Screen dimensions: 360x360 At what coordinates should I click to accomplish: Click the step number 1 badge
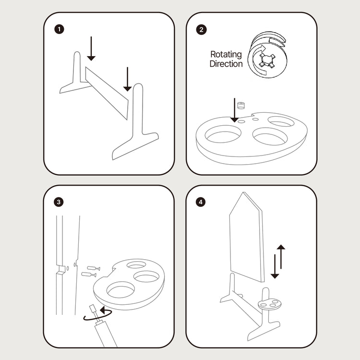click(59, 29)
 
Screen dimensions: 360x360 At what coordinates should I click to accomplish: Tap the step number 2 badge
click(201, 30)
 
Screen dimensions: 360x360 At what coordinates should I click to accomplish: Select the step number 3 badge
click(59, 202)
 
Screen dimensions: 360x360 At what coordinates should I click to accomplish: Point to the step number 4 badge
click(201, 202)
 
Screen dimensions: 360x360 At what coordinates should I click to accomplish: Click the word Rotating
click(226, 55)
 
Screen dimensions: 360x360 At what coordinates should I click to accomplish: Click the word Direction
click(226, 64)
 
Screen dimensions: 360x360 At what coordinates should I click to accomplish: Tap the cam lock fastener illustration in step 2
click(267, 55)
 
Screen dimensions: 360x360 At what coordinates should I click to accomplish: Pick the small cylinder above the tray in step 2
click(241, 106)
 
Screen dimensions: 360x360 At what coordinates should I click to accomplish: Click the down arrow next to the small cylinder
click(234, 110)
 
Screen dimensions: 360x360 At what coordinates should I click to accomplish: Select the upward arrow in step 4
click(281, 257)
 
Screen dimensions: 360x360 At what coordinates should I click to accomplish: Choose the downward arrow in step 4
click(275, 266)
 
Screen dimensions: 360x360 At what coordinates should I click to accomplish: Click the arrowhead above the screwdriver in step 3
click(102, 310)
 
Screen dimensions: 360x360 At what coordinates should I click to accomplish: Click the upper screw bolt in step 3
click(94, 268)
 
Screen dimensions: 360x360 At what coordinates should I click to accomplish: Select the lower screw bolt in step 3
click(89, 275)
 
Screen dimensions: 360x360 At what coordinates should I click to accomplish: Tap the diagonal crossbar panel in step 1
click(107, 93)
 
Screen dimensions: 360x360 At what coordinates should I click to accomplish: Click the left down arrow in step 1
click(91, 48)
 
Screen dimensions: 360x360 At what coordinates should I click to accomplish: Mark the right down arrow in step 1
click(127, 79)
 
